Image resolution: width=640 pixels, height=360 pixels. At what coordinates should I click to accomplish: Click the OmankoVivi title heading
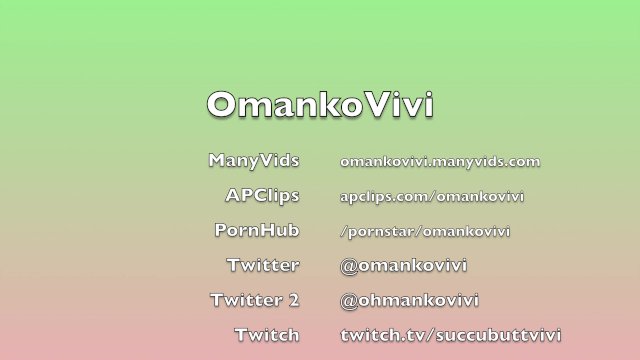pos(320,105)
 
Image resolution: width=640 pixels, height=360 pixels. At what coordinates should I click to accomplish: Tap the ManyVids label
pos(254,160)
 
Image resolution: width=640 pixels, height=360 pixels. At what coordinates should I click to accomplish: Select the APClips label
pos(262,195)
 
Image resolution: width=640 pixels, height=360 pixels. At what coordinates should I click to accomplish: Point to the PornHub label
pos(257,230)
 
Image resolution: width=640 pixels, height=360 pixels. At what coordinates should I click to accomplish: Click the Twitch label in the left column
pos(267,334)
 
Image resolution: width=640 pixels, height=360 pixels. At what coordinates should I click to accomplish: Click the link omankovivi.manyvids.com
pos(440,161)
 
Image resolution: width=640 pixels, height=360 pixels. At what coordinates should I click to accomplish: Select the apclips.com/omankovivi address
pos(432,196)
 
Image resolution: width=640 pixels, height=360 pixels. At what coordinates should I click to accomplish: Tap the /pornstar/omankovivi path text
pos(425,231)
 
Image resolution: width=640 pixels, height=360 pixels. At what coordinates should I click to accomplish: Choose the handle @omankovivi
pos(404,265)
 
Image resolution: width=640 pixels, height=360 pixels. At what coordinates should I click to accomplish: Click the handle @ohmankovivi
pos(409,300)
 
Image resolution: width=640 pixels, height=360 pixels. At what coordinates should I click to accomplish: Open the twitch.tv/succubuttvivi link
pos(451,334)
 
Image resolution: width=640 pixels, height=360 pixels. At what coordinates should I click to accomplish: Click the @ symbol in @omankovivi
pos(348,265)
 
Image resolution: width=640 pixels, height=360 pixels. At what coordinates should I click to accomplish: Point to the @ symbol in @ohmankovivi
pos(348,300)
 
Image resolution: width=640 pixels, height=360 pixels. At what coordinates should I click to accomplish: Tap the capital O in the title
pos(222,105)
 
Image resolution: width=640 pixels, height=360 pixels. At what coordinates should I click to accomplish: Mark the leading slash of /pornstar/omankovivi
pos(343,231)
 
